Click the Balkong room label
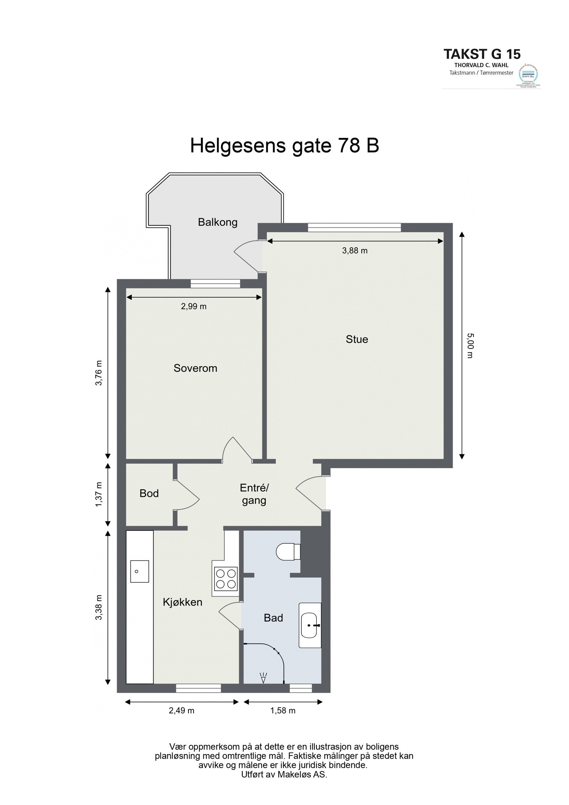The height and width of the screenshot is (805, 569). point(217,222)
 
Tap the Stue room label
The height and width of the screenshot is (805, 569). point(356,339)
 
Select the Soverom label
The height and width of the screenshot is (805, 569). point(195,368)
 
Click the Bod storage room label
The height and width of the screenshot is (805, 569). point(149,493)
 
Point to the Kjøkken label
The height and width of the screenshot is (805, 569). point(182,602)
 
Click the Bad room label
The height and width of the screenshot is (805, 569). point(273,618)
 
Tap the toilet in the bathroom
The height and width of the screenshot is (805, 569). point(288,552)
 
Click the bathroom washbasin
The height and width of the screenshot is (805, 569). point(310,625)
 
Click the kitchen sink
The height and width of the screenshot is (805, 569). point(139,571)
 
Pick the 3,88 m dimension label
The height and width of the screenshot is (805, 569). point(355,250)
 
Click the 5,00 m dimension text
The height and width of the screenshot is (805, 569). point(470,345)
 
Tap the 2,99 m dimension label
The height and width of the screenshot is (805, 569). point(193,306)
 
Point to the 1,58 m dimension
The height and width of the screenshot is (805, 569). point(283,711)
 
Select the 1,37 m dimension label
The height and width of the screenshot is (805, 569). point(99,494)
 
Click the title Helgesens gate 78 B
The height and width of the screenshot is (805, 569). point(284,145)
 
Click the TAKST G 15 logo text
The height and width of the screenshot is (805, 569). point(482,54)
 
